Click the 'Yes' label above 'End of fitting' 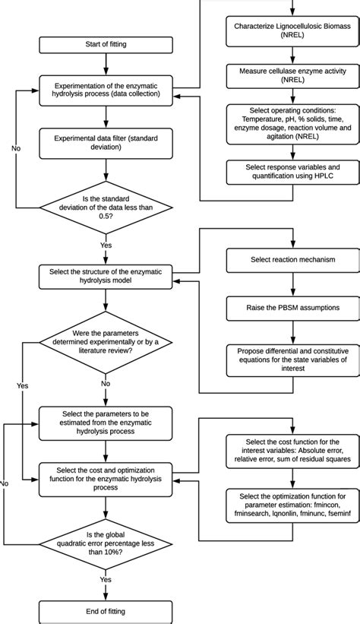click(x=106, y=578)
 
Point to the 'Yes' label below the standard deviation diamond click(x=106, y=245)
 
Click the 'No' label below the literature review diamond click(x=106, y=384)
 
